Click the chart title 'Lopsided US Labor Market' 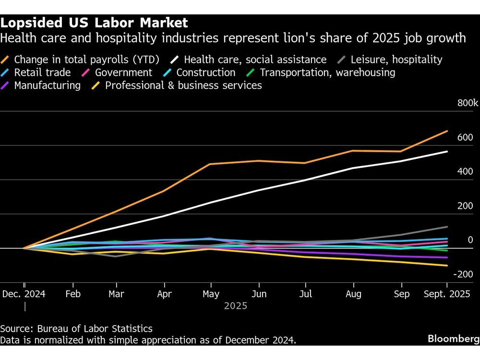pyautogui.click(x=94, y=23)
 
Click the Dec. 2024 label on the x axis pyautogui.click(x=24, y=294)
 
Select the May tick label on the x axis pyautogui.click(x=211, y=294)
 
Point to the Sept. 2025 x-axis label pyautogui.click(x=447, y=294)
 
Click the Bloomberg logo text pyautogui.click(x=453, y=339)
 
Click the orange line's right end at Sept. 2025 pyautogui.click(x=447, y=131)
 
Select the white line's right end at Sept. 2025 pyautogui.click(x=447, y=151)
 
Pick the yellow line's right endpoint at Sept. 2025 pyautogui.click(x=447, y=265)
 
